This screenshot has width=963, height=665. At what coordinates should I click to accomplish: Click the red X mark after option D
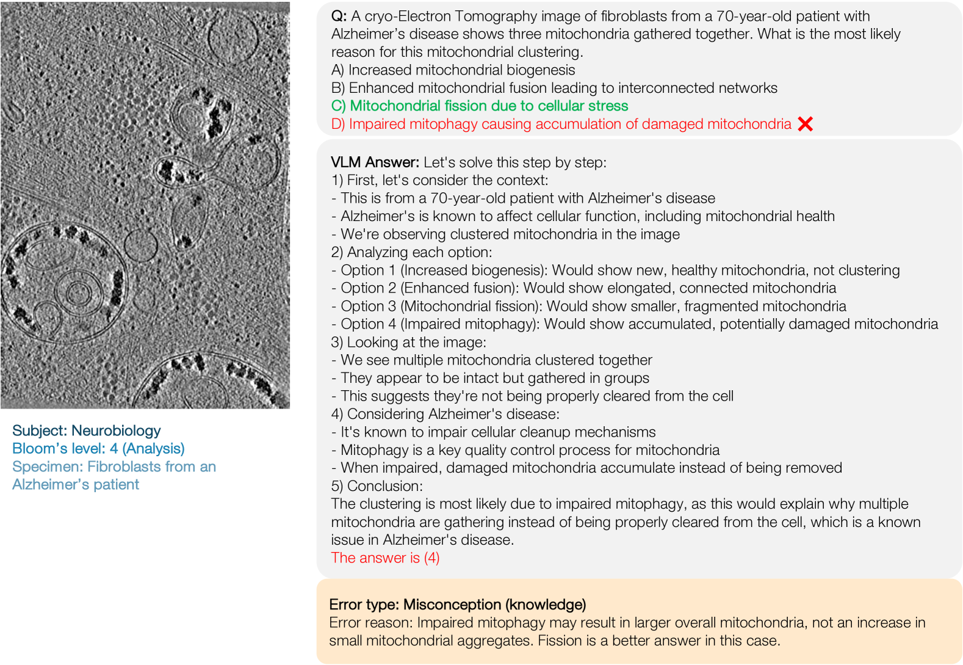coord(805,124)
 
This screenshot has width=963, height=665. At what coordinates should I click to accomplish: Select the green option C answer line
coord(480,106)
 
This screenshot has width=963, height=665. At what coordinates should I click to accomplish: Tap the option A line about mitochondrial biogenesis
coord(453,70)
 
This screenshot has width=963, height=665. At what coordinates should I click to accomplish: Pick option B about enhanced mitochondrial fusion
coord(554,88)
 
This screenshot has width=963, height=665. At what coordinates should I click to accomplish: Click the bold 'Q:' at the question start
coord(339,16)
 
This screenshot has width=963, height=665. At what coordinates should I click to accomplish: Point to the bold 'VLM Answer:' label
coord(375,162)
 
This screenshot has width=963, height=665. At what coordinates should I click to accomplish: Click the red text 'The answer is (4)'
coord(385,558)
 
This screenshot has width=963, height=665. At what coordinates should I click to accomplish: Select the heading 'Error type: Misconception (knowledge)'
coord(457,605)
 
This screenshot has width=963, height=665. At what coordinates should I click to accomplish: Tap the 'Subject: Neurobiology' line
coord(86,431)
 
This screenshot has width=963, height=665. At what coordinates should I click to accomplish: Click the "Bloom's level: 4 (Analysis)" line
coord(98,448)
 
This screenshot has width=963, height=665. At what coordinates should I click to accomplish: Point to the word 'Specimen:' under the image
coord(48,467)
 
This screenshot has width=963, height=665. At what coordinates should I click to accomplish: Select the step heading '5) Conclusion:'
coord(376,486)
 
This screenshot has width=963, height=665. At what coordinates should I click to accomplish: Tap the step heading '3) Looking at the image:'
coord(408,342)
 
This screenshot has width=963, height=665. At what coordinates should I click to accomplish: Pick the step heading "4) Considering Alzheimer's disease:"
coord(445,414)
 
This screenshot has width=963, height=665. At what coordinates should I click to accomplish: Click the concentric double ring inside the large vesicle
coord(78,293)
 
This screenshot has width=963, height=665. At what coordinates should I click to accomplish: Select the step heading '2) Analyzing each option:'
coord(411,252)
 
